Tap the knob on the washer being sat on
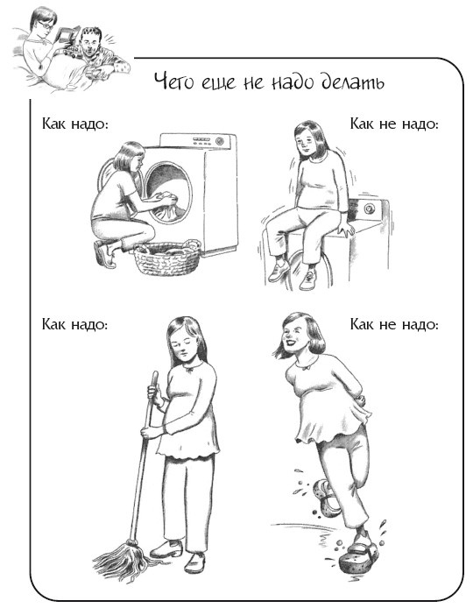pyautogui.click(x=369, y=210)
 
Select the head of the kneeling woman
pyautogui.click(x=129, y=162)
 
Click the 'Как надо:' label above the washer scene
pyautogui.click(x=74, y=124)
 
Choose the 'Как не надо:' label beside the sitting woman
pyautogui.click(x=393, y=124)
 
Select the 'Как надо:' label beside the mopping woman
pyautogui.click(x=74, y=324)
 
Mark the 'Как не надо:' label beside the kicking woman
pyautogui.click(x=393, y=324)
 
